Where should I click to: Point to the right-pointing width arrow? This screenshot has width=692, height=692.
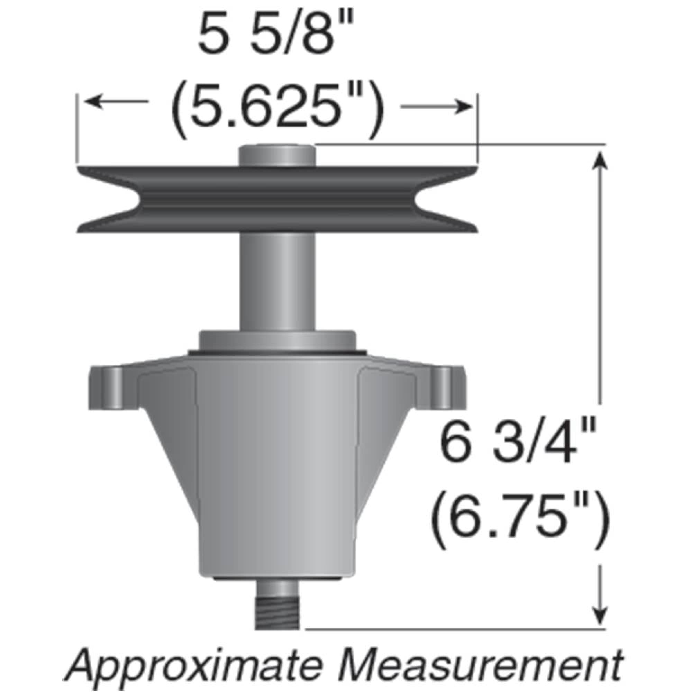(437, 106)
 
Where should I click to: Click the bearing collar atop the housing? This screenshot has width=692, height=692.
(277, 340)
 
